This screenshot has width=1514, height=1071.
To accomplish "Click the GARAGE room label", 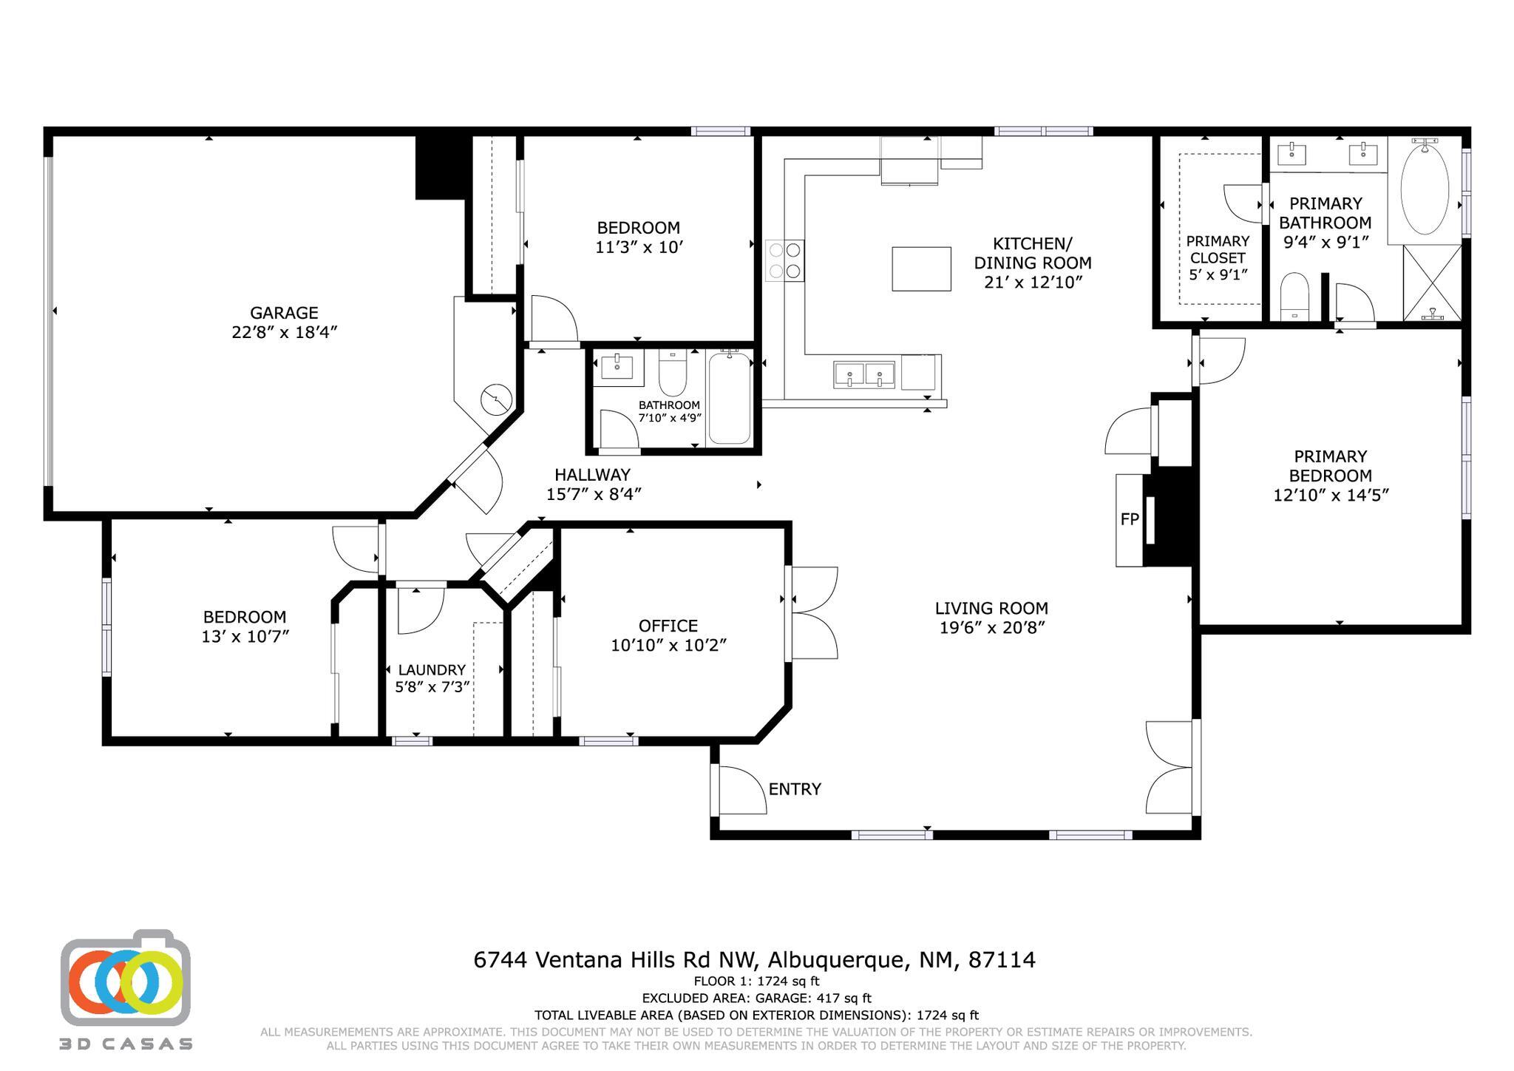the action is [x=284, y=313].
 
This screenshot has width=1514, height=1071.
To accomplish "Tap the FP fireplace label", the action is [x=1130, y=520].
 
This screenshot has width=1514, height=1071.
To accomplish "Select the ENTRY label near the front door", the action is [x=795, y=789].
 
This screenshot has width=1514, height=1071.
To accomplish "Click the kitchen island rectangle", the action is [x=921, y=269].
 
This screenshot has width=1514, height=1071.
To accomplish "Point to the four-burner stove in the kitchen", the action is [x=785, y=260].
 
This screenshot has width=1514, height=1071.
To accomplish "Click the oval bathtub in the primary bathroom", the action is [x=1425, y=190].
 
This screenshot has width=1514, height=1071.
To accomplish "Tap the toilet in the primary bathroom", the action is [x=1294, y=296].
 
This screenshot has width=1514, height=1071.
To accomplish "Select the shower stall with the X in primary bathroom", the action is [x=1432, y=283].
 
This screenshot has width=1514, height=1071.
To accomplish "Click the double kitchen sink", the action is [x=864, y=374].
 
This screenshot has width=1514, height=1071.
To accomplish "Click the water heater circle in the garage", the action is [x=496, y=400].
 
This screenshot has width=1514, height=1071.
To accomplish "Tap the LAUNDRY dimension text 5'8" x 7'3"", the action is [x=432, y=687].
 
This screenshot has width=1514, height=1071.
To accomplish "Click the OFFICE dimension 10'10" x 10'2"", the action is [x=669, y=646].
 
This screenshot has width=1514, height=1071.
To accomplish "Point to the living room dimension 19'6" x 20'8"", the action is [x=991, y=628].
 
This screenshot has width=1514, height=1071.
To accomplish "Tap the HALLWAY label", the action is [x=593, y=475].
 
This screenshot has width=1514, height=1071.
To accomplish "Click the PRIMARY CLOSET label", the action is [x=1218, y=249].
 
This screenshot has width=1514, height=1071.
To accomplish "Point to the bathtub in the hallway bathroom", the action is [x=730, y=397].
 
